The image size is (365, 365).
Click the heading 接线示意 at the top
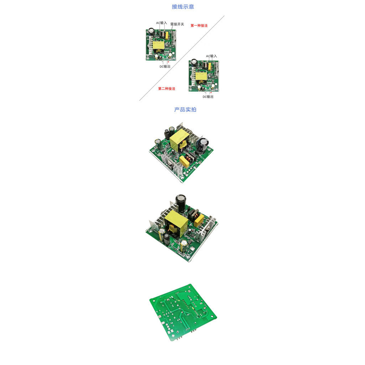click(183, 7)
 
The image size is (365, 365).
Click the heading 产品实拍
click(185, 110)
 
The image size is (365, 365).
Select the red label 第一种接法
click(199, 26)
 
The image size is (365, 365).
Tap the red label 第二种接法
click(167, 89)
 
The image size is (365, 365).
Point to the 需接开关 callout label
click(177, 24)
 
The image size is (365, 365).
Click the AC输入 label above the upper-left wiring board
click(161, 23)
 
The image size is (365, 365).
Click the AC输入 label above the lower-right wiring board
click(211, 56)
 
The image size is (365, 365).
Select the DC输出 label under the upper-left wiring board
click(165, 67)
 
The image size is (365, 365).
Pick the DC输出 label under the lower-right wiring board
click(208, 97)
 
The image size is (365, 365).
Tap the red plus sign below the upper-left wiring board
click(169, 62)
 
